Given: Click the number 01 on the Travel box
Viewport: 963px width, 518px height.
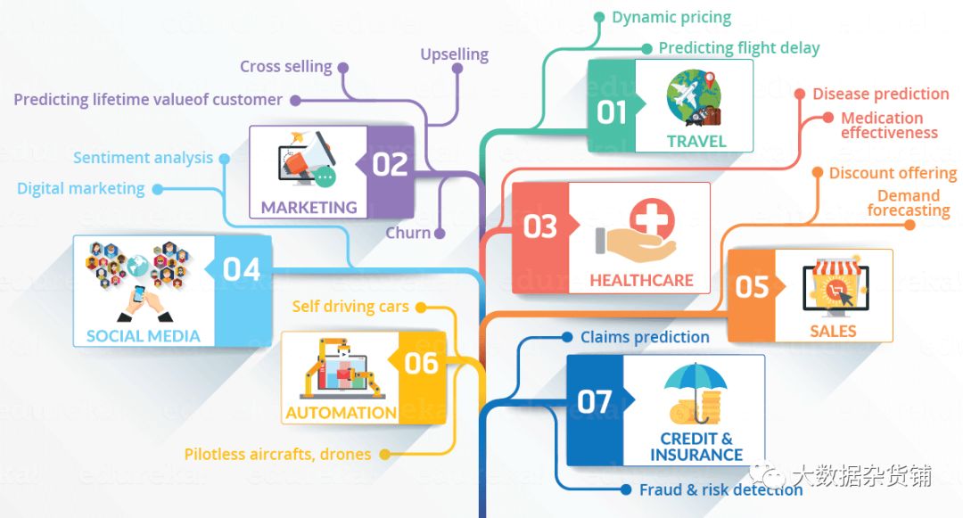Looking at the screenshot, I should click(x=612, y=113).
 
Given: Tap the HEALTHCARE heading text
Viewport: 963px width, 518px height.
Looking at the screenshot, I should click(x=641, y=280).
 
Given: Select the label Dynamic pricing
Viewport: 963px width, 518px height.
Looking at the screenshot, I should click(x=671, y=17).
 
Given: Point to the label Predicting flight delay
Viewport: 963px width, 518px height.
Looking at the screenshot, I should click(x=739, y=48).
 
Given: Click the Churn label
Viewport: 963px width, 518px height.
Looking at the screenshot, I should click(x=407, y=233).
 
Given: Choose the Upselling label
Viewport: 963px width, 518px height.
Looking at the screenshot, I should click(x=455, y=54).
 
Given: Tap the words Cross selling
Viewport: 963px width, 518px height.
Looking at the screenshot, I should click(x=285, y=67).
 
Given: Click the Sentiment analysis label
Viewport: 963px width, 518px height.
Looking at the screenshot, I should click(x=144, y=158).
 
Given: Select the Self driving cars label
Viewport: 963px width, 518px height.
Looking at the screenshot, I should click(x=350, y=307).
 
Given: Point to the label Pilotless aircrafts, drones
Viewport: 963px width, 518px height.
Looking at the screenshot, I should click(x=277, y=454).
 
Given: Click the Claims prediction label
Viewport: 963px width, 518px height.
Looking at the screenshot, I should click(x=645, y=337).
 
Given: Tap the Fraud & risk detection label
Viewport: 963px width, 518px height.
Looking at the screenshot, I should click(x=720, y=489).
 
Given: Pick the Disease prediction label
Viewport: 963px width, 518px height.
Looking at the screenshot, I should click(x=880, y=94).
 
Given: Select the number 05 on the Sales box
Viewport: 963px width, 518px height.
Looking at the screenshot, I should click(x=752, y=286).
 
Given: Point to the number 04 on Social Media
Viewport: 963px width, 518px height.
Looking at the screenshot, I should click(x=241, y=268).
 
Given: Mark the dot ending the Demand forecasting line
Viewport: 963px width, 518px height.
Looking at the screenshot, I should click(x=909, y=225).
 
